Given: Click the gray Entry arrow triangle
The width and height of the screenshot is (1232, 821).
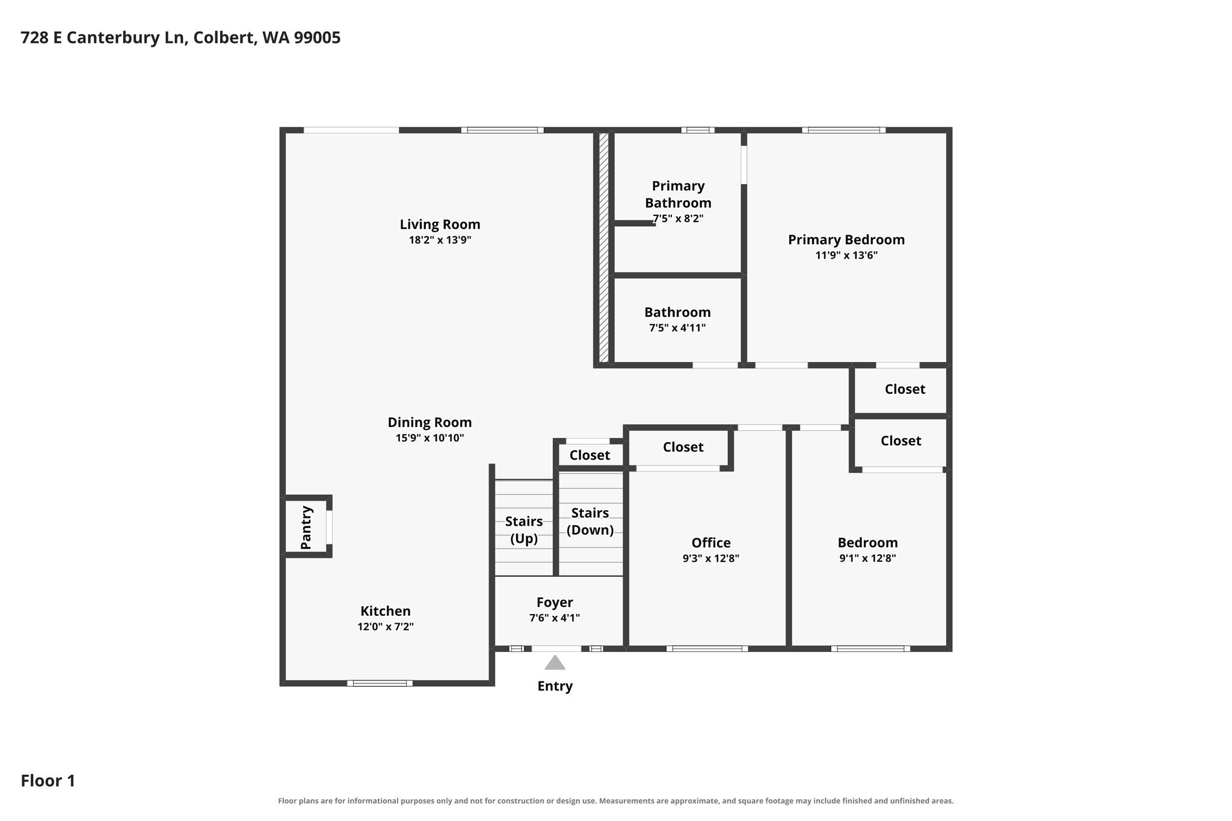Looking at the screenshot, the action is pyautogui.click(x=555, y=663).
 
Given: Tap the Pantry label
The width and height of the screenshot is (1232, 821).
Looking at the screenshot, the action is pyautogui.click(x=306, y=527).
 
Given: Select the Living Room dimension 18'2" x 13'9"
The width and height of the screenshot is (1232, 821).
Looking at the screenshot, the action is pyautogui.click(x=440, y=240).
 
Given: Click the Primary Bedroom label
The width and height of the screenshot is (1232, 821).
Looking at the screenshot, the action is pyautogui.click(x=846, y=239).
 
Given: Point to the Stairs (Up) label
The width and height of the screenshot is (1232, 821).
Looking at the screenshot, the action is pyautogui.click(x=524, y=530).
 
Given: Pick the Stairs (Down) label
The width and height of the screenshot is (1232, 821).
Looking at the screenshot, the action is pyautogui.click(x=590, y=521).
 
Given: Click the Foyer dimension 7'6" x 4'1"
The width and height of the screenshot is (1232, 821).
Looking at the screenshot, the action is pyautogui.click(x=555, y=618).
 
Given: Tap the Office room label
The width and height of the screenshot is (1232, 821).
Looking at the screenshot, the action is pyautogui.click(x=711, y=543).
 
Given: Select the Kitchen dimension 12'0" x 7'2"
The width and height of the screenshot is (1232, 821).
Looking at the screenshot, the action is pyautogui.click(x=386, y=627).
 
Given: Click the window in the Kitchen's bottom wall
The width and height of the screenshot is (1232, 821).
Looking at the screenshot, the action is pyautogui.click(x=380, y=683).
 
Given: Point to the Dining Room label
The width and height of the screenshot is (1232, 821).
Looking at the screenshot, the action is pyautogui.click(x=430, y=422).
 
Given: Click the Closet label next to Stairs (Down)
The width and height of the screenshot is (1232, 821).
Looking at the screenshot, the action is pyautogui.click(x=590, y=455).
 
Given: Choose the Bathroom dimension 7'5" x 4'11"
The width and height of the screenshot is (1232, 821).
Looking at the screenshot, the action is pyautogui.click(x=677, y=328).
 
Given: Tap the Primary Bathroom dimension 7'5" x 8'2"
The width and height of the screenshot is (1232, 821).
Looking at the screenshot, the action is pyautogui.click(x=678, y=218).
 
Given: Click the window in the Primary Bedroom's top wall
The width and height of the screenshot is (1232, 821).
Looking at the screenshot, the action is pyautogui.click(x=843, y=130).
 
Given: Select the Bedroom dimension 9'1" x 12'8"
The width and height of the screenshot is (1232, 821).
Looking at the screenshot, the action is pyautogui.click(x=867, y=558).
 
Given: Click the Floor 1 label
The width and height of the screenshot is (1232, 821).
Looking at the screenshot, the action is pyautogui.click(x=48, y=781).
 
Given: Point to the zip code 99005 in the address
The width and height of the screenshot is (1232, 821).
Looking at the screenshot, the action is pyautogui.click(x=317, y=38).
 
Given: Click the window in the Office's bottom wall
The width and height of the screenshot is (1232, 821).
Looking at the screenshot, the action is pyautogui.click(x=707, y=648).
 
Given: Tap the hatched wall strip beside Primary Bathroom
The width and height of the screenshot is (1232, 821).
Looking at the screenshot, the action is pyautogui.click(x=603, y=247).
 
